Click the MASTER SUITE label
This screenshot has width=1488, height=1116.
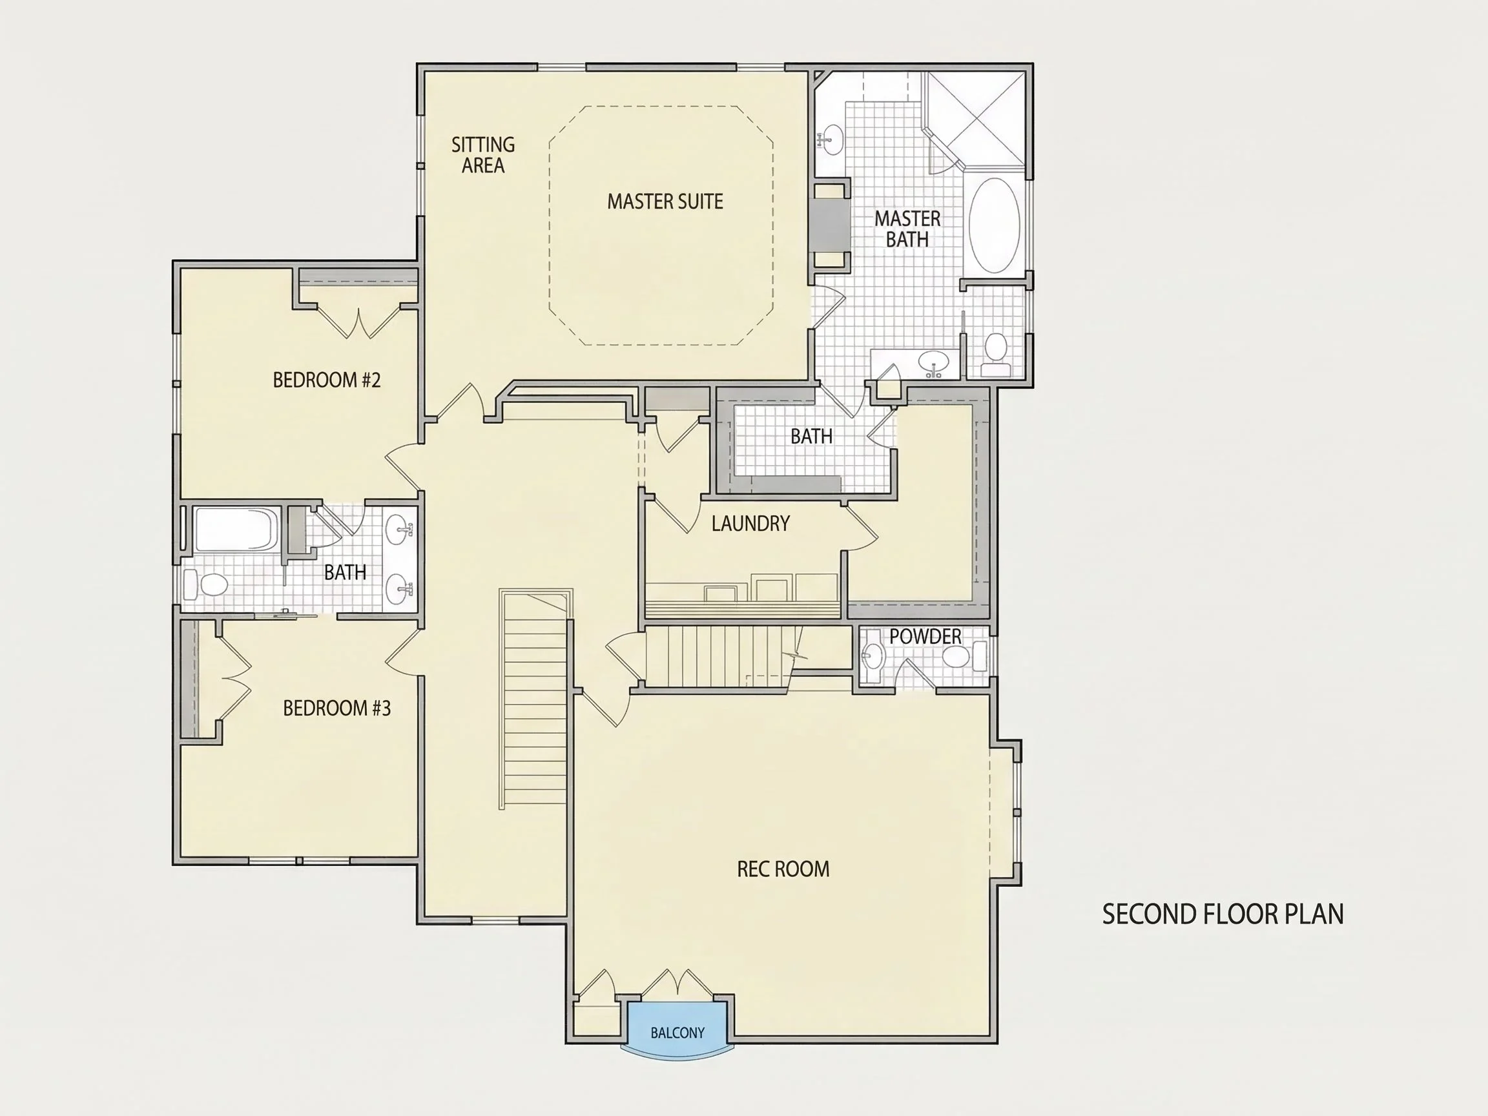pyautogui.click(x=665, y=201)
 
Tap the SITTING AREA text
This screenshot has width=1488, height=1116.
pyautogui.click(x=483, y=155)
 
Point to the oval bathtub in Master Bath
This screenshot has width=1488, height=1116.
pyautogui.click(x=994, y=225)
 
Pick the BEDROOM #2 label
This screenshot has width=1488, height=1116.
pyautogui.click(x=326, y=380)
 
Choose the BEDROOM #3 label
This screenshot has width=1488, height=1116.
pyautogui.click(x=336, y=708)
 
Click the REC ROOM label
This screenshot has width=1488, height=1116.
pyautogui.click(x=783, y=869)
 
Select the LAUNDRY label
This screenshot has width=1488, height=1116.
pyautogui.click(x=750, y=523)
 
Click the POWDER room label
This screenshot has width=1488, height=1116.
pyautogui.click(x=925, y=636)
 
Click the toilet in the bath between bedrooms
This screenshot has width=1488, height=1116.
pyautogui.click(x=206, y=584)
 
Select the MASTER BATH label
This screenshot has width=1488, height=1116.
pyautogui.click(x=907, y=229)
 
